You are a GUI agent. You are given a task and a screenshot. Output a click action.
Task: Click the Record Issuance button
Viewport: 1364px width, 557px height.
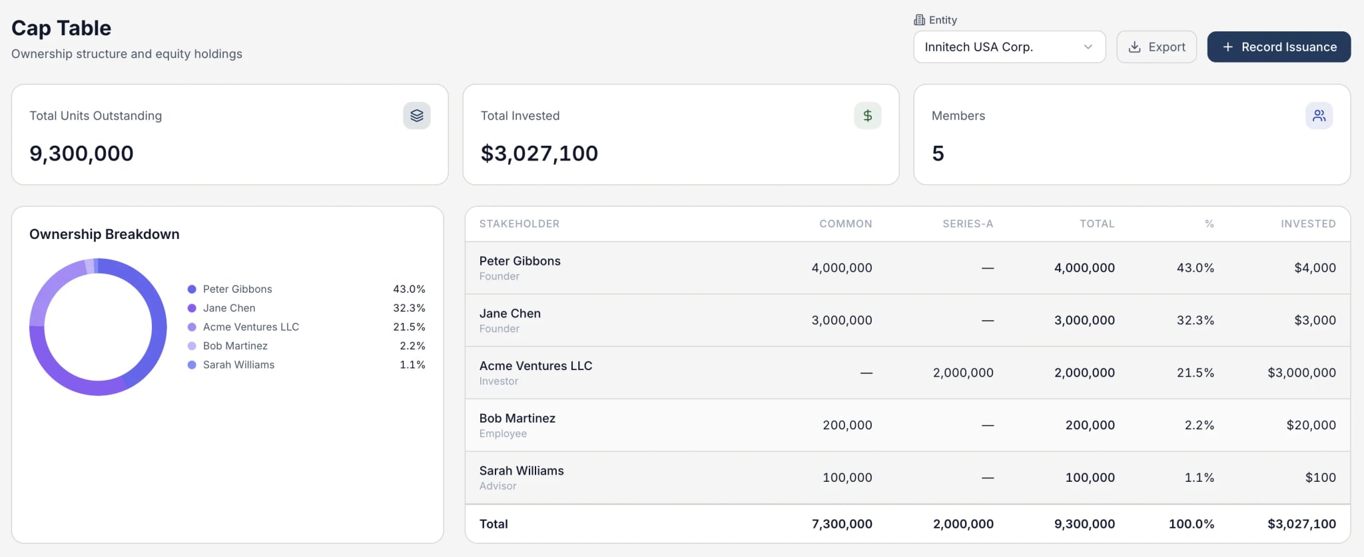point(1279,47)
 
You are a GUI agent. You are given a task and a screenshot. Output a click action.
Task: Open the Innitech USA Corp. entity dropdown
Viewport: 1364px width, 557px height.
point(1009,47)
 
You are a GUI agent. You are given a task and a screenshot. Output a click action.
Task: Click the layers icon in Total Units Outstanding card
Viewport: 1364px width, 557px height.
point(417,116)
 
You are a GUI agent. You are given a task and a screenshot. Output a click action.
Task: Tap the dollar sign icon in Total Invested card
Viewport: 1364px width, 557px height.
point(867,116)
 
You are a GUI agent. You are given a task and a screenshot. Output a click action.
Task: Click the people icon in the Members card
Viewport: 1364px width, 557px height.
point(1319,116)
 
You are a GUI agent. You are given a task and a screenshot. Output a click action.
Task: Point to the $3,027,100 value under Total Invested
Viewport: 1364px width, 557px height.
point(539,154)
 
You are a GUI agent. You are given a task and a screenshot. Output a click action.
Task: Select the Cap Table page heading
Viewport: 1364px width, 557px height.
point(61,28)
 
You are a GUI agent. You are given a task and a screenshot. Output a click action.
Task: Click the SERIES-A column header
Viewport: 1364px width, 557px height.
point(968,224)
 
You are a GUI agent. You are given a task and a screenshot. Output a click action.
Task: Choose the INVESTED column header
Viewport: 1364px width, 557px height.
point(1308,224)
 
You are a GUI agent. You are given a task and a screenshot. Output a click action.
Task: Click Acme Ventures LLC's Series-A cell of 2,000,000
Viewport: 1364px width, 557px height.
point(963,373)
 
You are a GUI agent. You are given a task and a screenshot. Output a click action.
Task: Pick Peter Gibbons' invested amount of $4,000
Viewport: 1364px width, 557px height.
point(1315,268)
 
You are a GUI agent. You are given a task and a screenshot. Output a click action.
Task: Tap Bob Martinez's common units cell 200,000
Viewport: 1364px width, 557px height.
point(847,425)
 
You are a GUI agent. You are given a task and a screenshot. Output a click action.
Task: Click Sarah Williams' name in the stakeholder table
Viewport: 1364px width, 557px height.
point(521,471)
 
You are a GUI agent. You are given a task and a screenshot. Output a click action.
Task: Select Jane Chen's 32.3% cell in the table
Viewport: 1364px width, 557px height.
point(1195,321)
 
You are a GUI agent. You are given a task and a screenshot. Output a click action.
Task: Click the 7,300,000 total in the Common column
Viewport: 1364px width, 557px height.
point(842,524)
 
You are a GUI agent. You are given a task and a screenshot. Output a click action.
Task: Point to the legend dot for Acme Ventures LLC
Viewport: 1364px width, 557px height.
point(192,327)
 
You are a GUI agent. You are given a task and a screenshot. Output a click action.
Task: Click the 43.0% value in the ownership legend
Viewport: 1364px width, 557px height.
point(409,289)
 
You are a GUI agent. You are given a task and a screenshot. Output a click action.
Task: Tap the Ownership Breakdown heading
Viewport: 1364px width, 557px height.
point(105,234)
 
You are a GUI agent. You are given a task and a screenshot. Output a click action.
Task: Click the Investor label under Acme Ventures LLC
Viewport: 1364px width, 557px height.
point(499,381)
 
